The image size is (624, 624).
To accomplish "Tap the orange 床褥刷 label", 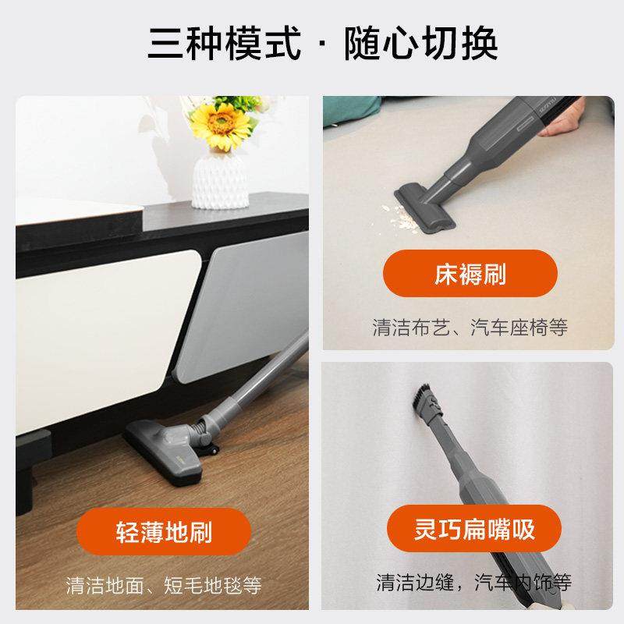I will (470, 275).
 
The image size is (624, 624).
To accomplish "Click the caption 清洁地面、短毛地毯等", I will (163, 585).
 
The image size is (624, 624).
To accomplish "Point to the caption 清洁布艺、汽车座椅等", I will (470, 328).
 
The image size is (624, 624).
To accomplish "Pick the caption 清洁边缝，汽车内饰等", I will (473, 583).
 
